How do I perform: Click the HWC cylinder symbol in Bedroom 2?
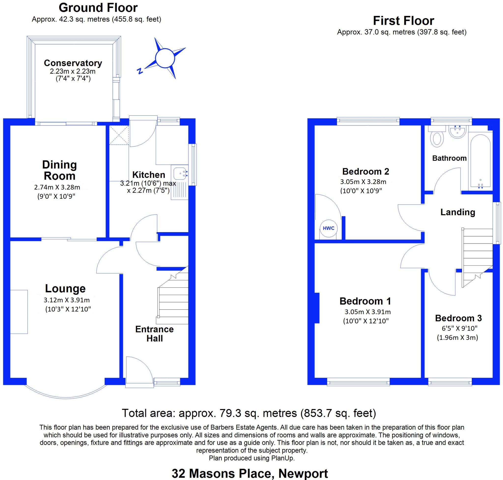click(x=328, y=228)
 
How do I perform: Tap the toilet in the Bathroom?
click(x=437, y=140)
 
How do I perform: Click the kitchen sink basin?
click(x=180, y=173)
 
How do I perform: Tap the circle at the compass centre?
click(x=165, y=58)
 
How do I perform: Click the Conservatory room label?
click(x=73, y=63)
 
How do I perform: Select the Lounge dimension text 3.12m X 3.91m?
click(x=67, y=300)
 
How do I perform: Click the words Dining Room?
click(x=59, y=170)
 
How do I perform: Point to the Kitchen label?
click(x=149, y=175)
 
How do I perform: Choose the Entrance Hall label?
click(x=154, y=334)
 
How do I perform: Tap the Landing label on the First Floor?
click(x=458, y=212)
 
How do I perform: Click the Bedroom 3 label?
click(x=458, y=318)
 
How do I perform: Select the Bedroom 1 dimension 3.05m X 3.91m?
click(x=367, y=312)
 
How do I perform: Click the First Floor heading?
click(x=404, y=21)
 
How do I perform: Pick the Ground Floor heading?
click(x=98, y=8)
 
